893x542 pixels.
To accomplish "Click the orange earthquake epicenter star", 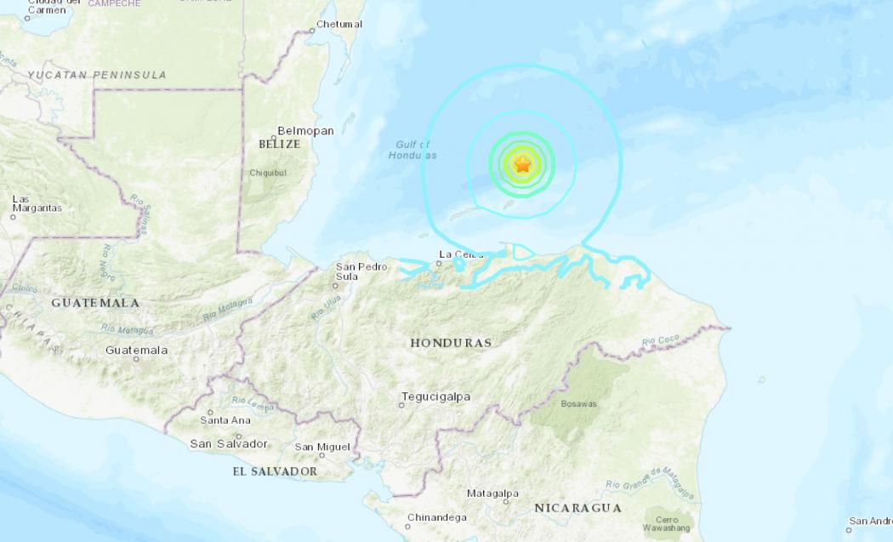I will [x=522, y=165].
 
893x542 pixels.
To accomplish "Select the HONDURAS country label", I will [x=451, y=343].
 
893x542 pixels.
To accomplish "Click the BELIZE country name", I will [x=280, y=145].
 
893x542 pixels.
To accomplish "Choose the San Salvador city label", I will [x=229, y=443].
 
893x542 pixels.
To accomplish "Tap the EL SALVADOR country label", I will [x=275, y=471].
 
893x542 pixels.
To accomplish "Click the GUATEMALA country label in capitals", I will [x=95, y=303].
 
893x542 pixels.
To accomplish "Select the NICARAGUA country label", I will [x=577, y=508].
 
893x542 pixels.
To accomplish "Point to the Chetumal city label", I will [x=339, y=24].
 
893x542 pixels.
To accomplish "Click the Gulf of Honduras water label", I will [x=412, y=150].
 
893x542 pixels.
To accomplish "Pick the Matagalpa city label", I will [x=492, y=494].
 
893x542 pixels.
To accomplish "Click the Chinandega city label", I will [x=436, y=517].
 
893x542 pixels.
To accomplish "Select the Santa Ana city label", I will [x=225, y=420].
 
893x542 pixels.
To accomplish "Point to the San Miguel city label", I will [x=322, y=447].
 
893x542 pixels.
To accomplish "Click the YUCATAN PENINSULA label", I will [x=97, y=75].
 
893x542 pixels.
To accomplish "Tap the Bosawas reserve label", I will [x=579, y=404].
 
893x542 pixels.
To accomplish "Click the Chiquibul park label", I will [x=268, y=173].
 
